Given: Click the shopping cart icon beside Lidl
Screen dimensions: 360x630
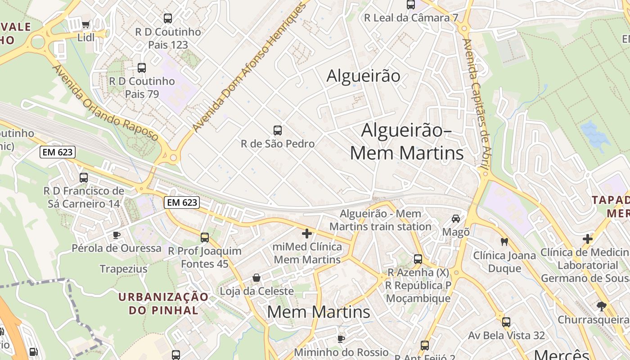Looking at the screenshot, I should (x=86, y=24).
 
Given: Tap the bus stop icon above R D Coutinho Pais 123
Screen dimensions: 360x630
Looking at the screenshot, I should (x=168, y=18).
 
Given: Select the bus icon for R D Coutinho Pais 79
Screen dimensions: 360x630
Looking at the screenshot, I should (x=142, y=68).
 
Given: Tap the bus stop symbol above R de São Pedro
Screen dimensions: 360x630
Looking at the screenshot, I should (x=278, y=130).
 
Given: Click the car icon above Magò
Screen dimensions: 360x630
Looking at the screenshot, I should (x=456, y=219).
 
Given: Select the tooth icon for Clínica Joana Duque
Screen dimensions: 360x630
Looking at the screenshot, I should (x=504, y=242).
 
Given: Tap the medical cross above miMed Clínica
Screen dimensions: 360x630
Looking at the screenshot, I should (x=307, y=234).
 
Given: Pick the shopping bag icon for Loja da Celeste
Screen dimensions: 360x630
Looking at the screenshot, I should (x=256, y=278).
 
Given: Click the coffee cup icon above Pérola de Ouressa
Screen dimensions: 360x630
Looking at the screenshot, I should (x=117, y=235).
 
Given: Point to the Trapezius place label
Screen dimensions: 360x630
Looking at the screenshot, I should (x=123, y=269).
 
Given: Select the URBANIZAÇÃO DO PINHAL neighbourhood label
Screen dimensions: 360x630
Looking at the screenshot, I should (x=163, y=303).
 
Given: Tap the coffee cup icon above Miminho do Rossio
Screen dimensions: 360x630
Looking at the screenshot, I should (x=341, y=338).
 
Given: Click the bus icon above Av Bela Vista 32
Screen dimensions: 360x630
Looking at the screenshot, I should (x=506, y=322).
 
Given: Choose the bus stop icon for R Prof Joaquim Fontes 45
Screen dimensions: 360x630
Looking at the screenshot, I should (x=205, y=237).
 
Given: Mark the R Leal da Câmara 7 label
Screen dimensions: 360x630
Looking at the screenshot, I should (x=411, y=18).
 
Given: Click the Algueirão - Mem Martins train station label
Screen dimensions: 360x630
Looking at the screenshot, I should (x=381, y=220).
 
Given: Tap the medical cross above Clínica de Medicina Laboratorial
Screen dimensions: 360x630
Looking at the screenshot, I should (x=588, y=239).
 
